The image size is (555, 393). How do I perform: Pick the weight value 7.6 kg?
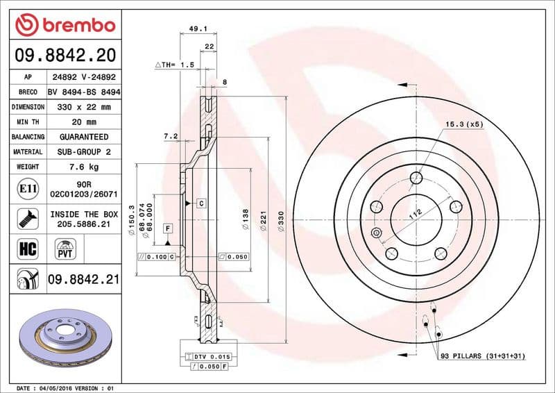tap(83, 167)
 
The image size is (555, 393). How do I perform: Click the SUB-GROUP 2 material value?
tap(83, 151)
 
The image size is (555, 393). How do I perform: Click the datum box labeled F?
tap(168, 228)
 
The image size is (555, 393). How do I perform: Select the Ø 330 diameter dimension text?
tap(280, 221)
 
